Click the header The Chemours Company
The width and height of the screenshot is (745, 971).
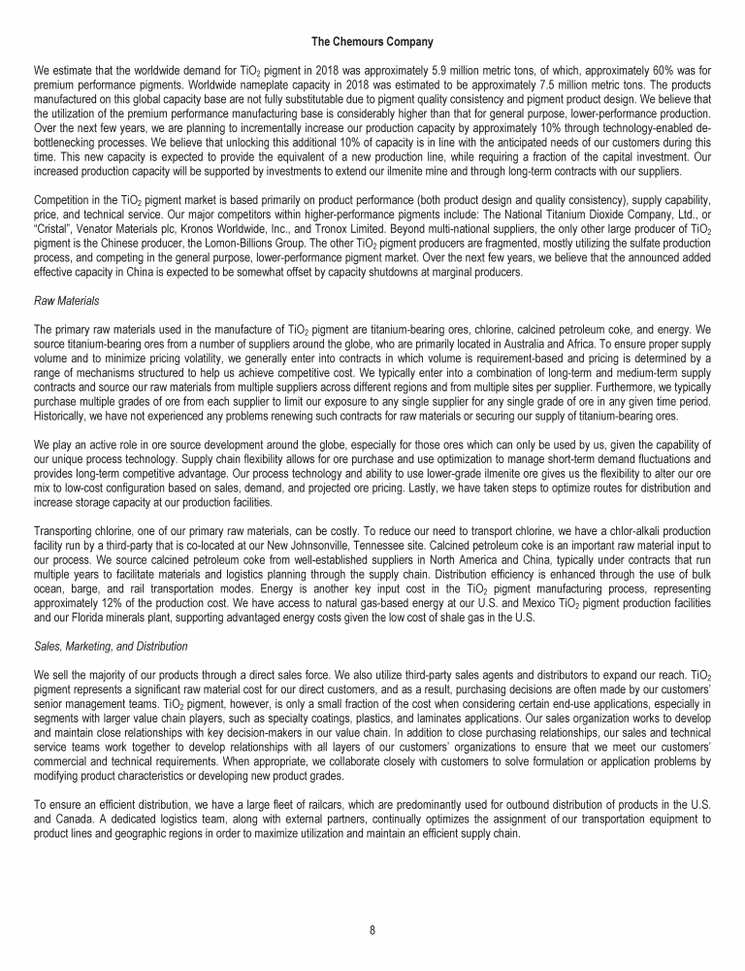point(372,42)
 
